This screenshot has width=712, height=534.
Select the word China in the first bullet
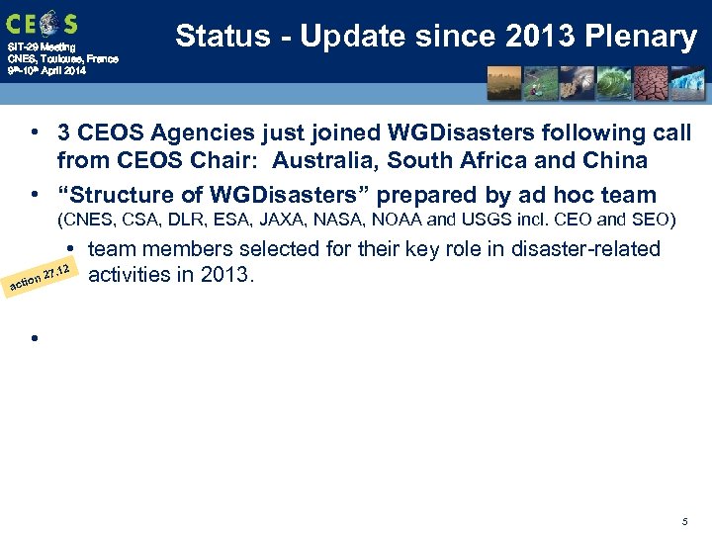pos(613,160)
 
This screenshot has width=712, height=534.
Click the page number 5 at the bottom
pos(684,520)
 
